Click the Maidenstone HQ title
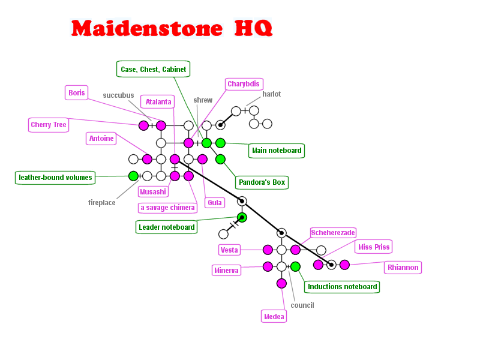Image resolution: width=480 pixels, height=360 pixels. (x=172, y=28)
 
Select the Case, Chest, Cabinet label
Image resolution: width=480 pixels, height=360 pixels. (x=153, y=69)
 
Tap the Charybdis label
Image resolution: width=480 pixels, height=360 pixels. (x=244, y=84)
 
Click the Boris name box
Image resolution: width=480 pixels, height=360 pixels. (x=77, y=92)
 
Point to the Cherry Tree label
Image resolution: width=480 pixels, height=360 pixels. (x=49, y=125)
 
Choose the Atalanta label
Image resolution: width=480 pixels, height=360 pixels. (x=158, y=102)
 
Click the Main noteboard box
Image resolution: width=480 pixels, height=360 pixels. (x=277, y=150)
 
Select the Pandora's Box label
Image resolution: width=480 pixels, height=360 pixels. (x=262, y=182)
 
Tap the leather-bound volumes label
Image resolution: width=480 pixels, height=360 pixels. (x=55, y=177)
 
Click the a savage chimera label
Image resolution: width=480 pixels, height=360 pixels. (x=167, y=208)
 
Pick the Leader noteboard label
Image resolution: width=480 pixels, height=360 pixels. (x=166, y=227)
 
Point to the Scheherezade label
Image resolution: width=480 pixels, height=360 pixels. (x=333, y=233)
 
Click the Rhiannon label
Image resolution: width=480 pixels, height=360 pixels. (x=403, y=267)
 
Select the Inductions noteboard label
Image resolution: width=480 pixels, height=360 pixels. (x=342, y=286)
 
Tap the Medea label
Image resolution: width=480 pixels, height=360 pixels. (x=274, y=316)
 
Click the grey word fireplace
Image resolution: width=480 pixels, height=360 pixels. (x=101, y=203)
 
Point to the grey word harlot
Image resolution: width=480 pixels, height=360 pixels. (x=271, y=94)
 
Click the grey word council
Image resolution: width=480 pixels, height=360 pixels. (x=302, y=305)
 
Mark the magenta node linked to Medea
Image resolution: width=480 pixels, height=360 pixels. (x=281, y=283)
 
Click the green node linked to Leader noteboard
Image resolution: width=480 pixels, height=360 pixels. (x=242, y=217)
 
